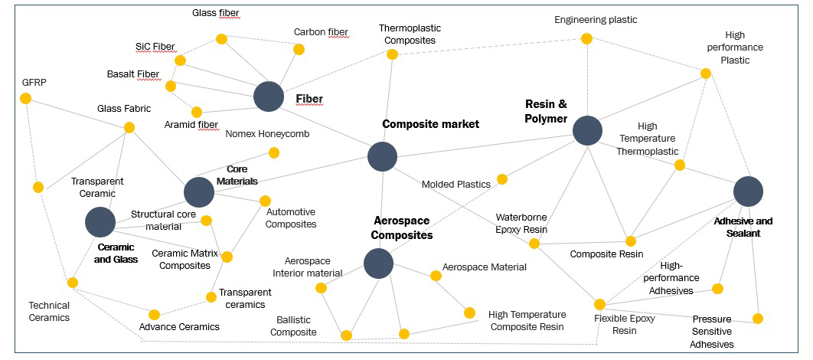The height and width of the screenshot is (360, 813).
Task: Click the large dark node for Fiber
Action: pyautogui.click(x=269, y=97)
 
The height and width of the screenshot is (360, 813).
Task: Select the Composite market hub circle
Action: pyautogui.click(x=382, y=156)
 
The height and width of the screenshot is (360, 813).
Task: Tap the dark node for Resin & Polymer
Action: pyautogui.click(x=587, y=130)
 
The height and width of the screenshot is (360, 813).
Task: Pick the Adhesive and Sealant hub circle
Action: pyautogui.click(x=748, y=191)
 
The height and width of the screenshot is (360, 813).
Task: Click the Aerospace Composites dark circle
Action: pyautogui.click(x=378, y=263)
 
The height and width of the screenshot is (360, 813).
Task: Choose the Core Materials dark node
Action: pyautogui.click(x=199, y=192)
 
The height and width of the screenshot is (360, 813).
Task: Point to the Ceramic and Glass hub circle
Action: pyautogui.click(x=100, y=222)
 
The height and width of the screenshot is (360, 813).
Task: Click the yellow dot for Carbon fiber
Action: pyautogui.click(x=299, y=49)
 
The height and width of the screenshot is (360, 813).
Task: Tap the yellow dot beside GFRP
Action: pyautogui.click(x=25, y=98)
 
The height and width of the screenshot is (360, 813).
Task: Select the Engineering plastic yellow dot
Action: pyautogui.click(x=586, y=38)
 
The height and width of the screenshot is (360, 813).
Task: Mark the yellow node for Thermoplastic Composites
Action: pyautogui.click(x=392, y=54)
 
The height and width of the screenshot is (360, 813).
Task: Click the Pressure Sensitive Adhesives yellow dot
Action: pyautogui.click(x=758, y=319)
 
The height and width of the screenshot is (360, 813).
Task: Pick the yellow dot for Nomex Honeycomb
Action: pyautogui.click(x=274, y=152)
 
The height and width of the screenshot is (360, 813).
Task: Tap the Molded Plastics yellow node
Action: pyautogui.click(x=502, y=179)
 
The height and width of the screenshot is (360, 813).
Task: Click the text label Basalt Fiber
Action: pyautogui.click(x=133, y=74)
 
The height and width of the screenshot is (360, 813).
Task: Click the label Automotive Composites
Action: pyautogui.click(x=291, y=218)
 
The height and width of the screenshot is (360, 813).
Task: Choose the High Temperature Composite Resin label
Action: pyautogui.click(x=527, y=320)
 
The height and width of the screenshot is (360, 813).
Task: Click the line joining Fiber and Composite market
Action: pyautogui.click(x=325, y=126)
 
